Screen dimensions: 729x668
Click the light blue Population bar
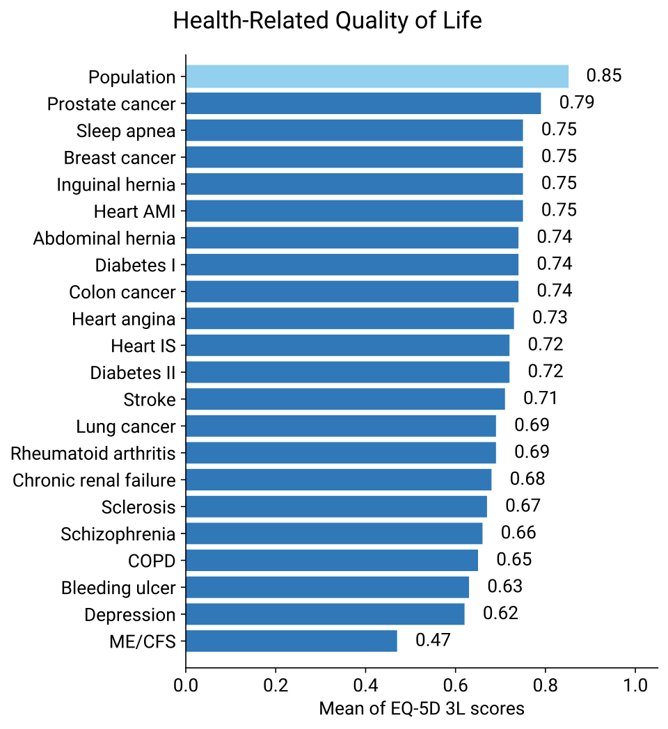(376, 77)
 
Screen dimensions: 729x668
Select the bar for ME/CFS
(291, 641)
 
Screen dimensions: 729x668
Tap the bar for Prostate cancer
(363, 104)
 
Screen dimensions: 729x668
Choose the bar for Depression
(325, 614)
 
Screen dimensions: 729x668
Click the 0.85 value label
(603, 76)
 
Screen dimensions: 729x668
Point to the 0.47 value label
(433, 640)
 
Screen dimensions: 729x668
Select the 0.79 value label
(577, 103)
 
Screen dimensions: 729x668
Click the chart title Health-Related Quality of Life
(327, 21)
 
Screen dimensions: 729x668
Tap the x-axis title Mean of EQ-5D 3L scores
(421, 709)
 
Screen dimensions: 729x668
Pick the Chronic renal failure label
(94, 480)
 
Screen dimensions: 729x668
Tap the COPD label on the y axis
(152, 561)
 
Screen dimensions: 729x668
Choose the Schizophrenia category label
(118, 534)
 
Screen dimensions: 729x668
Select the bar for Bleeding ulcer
(327, 587)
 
